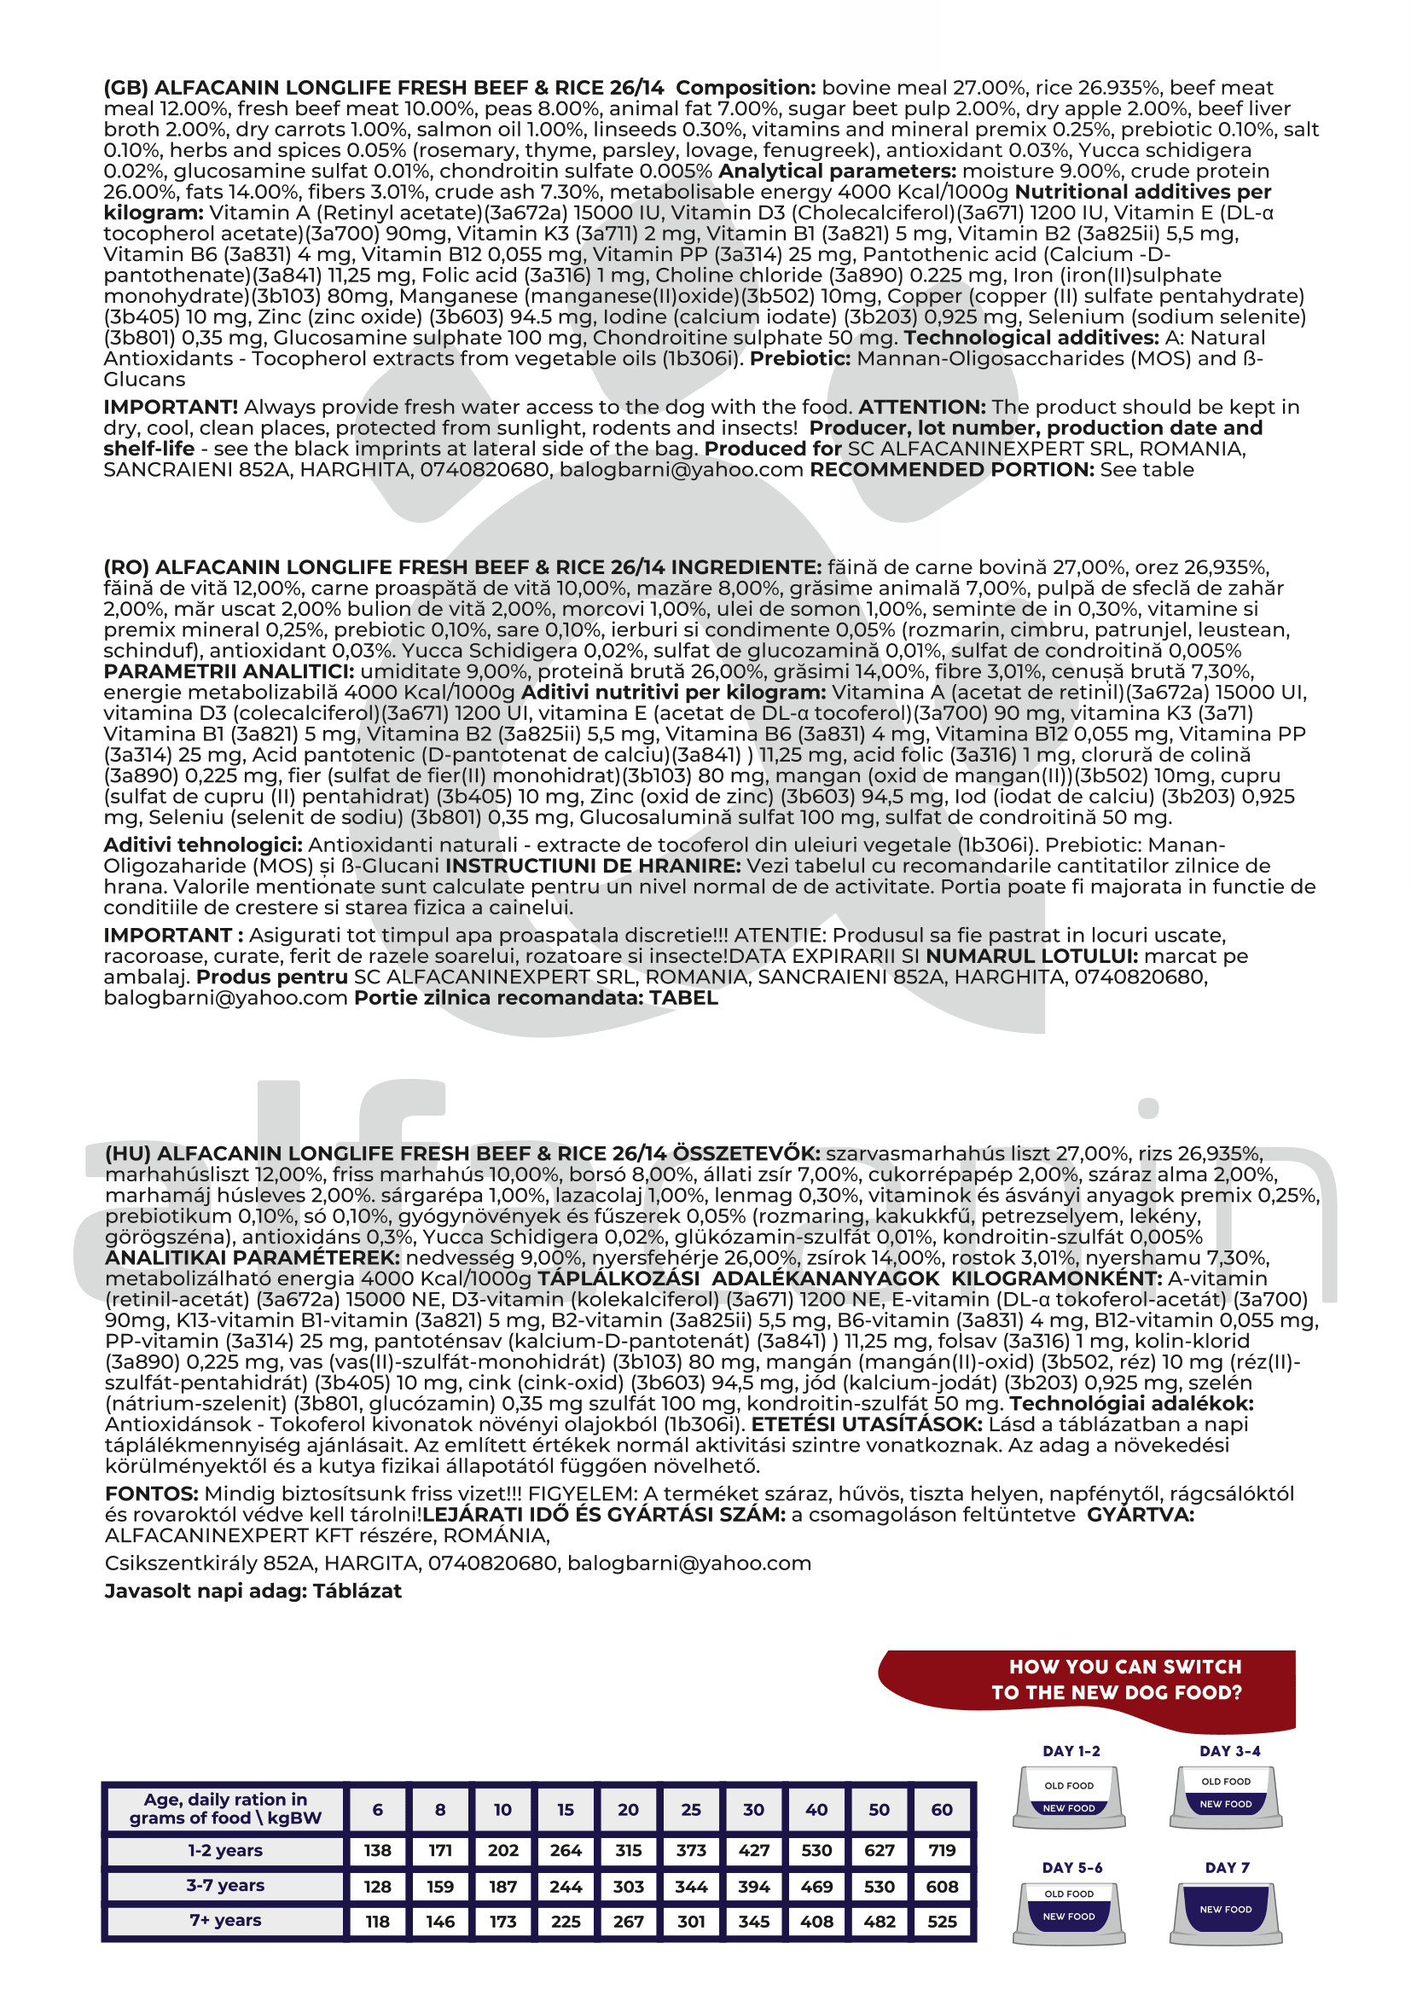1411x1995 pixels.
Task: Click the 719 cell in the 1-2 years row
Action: [942, 1851]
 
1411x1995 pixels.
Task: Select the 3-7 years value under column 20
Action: [628, 1887]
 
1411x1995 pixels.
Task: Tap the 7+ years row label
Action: [225, 1920]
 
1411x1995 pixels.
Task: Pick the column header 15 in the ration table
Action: [566, 1810]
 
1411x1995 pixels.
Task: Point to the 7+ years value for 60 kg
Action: [942, 1921]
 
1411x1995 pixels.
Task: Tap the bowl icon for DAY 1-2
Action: [1069, 1798]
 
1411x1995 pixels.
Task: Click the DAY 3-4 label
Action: [1229, 1751]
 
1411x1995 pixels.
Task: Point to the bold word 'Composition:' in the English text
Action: [746, 88]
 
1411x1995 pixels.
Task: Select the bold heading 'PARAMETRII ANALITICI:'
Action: [229, 671]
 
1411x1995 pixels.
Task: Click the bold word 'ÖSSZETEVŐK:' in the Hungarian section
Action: [746, 1154]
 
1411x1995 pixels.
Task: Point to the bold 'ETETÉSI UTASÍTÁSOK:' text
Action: [866, 1425]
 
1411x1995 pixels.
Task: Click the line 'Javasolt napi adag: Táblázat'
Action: [253, 1591]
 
